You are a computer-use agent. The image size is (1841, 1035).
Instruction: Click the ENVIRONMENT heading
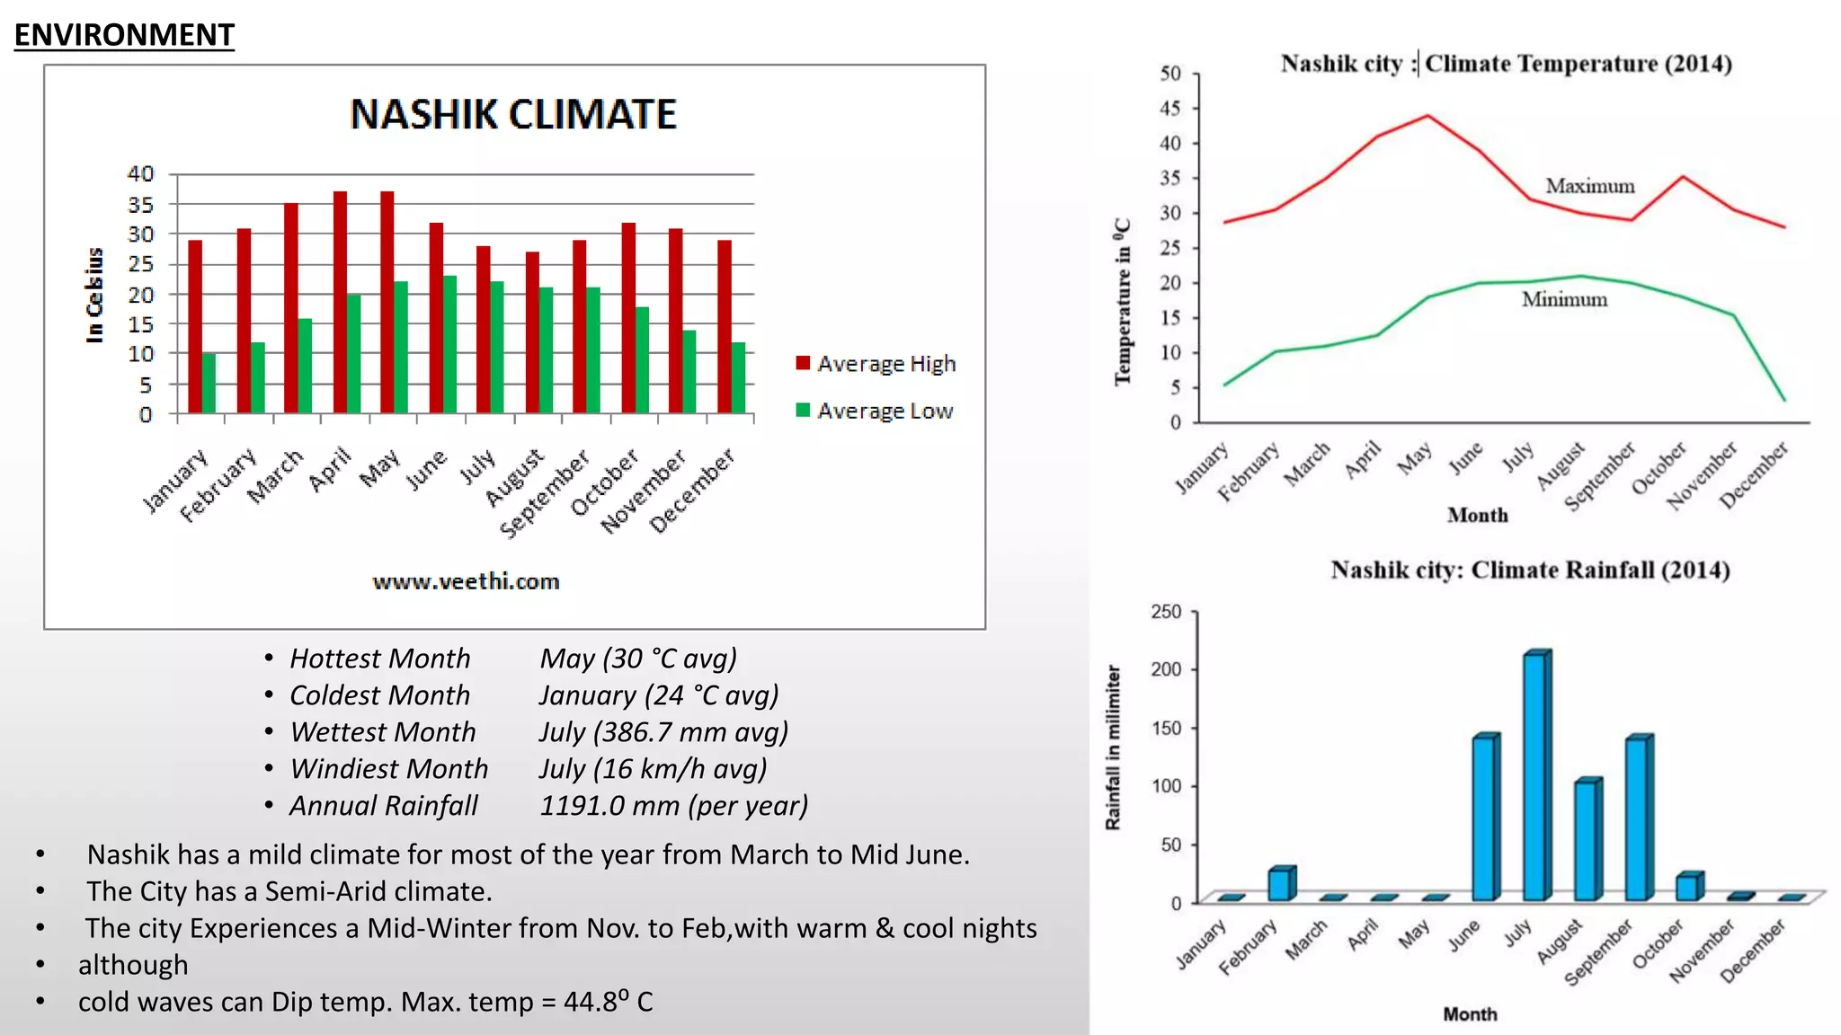pos(124,35)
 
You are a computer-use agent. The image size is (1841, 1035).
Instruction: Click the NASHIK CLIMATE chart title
pos(512,115)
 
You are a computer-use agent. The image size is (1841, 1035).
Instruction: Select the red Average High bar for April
pos(340,302)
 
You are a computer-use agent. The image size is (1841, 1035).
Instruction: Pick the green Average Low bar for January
pos(209,384)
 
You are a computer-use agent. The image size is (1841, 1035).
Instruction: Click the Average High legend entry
pos(876,364)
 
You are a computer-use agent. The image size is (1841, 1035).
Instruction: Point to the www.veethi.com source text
pos(466,581)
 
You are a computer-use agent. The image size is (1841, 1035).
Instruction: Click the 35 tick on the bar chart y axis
pos(140,205)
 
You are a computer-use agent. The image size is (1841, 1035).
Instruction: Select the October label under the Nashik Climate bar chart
pos(605,482)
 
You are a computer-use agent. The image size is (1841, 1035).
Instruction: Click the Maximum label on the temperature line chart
pos(1589,186)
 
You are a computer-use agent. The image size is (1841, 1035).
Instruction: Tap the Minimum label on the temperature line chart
pos(1564,299)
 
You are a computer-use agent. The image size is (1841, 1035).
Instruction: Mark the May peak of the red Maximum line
pos(1427,115)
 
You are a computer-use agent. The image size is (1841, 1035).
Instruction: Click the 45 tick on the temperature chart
pos(1170,109)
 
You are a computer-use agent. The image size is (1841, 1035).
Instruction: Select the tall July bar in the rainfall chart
pos(1536,777)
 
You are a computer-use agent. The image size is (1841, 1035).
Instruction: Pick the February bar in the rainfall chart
pos(1280,884)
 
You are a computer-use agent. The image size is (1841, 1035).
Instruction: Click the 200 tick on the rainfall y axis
pos(1166,669)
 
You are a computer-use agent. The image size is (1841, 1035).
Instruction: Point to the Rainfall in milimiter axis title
pos(1113,747)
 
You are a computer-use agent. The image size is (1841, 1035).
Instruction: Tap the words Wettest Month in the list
pos(383,732)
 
